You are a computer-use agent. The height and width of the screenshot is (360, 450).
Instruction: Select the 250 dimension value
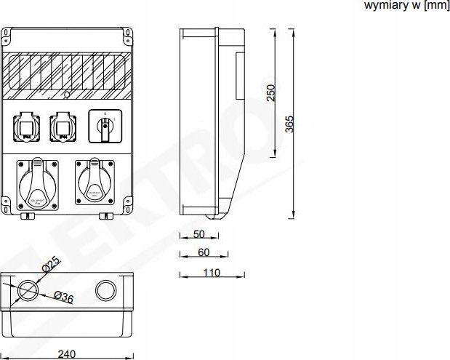tap(270, 94)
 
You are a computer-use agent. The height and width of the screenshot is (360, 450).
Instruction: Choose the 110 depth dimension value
tap(211, 273)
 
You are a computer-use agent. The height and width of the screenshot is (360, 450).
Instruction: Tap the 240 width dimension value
tap(66, 353)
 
